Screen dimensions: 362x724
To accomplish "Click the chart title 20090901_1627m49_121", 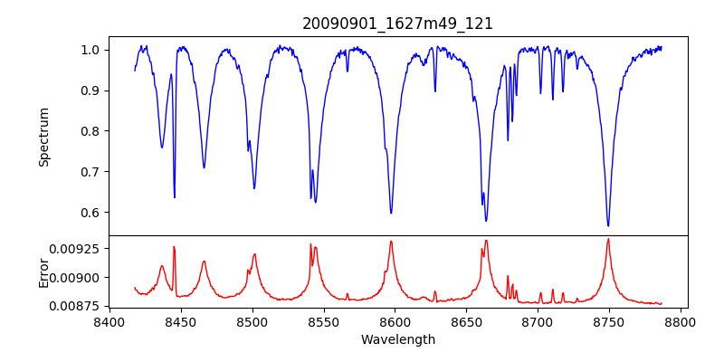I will [x=397, y=24].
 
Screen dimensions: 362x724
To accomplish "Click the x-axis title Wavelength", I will [x=397, y=340].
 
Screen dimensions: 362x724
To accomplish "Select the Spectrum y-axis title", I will [x=44, y=137].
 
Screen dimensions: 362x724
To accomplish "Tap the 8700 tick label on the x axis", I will [x=538, y=321].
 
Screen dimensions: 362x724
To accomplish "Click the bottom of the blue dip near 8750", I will [x=608, y=225].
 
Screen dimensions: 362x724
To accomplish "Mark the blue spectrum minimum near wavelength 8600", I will [x=391, y=213].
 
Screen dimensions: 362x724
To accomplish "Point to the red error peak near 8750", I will [x=608, y=239].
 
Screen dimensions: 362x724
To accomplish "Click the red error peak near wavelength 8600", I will [x=391, y=241].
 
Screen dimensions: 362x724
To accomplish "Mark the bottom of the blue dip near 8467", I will [x=204, y=167].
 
